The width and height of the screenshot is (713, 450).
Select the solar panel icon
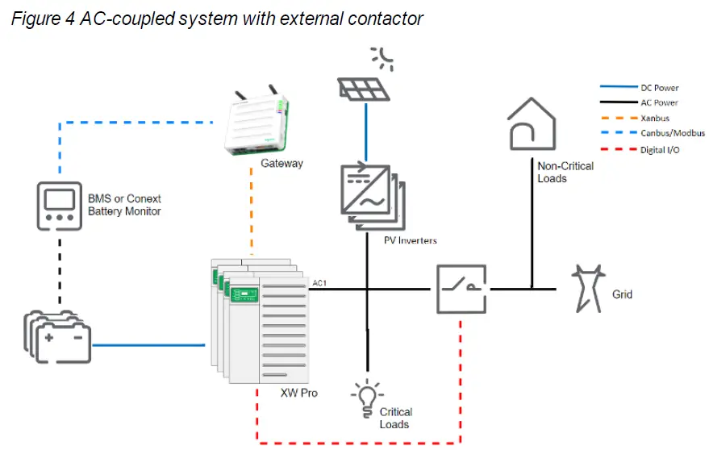[365, 90]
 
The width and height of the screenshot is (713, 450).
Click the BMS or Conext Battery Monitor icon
[60, 206]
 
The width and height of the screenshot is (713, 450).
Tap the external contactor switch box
[461, 288]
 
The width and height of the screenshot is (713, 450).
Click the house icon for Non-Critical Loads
[532, 123]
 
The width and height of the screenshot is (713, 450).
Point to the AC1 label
[319, 283]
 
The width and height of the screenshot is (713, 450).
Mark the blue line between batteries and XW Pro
[148, 344]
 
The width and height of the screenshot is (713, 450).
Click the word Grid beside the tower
[622, 294]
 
